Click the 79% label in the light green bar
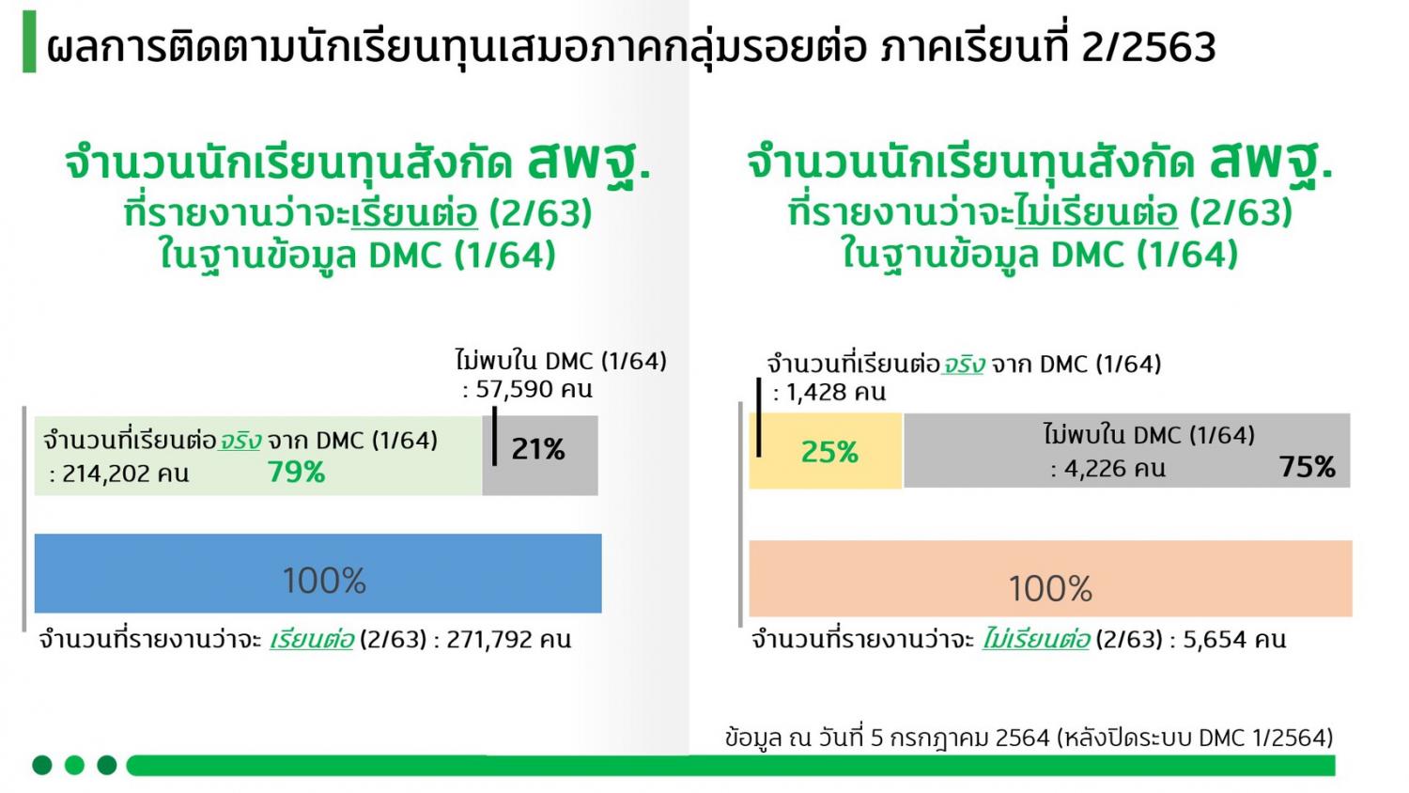296,472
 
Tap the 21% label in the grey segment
538,449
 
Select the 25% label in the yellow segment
829,452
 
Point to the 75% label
1308,467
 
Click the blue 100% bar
318,573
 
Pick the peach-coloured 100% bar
1050,579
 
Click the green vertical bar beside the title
29,41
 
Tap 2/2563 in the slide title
1149,47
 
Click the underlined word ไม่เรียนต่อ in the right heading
1096,212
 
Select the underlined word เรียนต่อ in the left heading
414,213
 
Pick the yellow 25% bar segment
826,451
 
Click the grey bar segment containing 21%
540,456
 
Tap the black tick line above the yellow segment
759,417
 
